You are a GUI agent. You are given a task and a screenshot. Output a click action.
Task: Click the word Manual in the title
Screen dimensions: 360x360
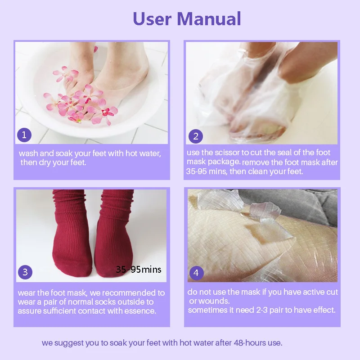(209, 19)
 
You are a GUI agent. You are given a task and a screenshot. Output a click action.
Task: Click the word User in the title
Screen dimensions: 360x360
(152, 19)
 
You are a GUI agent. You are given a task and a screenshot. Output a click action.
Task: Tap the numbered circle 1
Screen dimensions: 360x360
(24, 135)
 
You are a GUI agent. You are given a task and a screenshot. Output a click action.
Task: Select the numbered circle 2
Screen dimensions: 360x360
(195, 136)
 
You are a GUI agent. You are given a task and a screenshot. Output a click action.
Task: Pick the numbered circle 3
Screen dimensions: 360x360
(25, 272)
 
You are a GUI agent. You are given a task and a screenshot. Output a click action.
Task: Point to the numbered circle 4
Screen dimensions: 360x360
(196, 272)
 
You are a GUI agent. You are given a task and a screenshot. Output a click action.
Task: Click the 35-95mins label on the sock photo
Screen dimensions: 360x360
(138, 270)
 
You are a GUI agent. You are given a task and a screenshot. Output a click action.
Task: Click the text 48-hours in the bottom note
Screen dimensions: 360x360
(249, 343)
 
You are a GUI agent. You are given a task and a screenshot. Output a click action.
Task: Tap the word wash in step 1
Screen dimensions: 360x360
(28, 153)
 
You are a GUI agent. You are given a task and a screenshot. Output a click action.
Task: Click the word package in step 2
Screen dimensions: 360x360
(229, 162)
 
